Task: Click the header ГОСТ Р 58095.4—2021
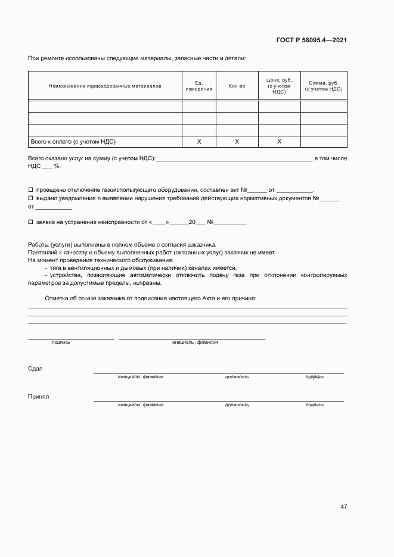[x=312, y=40]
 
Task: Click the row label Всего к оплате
[x=72, y=142]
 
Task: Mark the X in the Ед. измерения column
[x=199, y=142]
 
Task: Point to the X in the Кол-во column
[x=237, y=142]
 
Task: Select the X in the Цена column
[x=279, y=142]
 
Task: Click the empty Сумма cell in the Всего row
[x=324, y=142]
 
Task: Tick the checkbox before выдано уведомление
[x=30, y=198]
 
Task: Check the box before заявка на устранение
[x=30, y=222]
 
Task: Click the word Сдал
[x=35, y=368]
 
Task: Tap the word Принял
[x=38, y=396]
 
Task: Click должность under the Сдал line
[x=237, y=377]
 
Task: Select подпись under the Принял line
[x=314, y=404]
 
